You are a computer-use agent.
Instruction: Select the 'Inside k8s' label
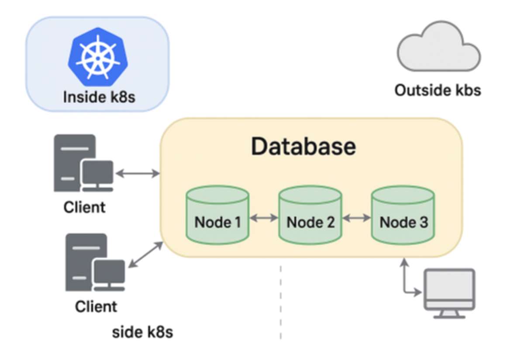(x=99, y=96)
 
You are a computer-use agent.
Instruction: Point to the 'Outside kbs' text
(x=438, y=90)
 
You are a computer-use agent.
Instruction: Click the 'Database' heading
(x=303, y=147)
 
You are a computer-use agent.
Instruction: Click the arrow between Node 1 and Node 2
(x=264, y=217)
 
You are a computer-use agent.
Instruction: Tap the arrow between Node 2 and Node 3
(x=356, y=217)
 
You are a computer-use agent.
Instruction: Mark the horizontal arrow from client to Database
(x=138, y=174)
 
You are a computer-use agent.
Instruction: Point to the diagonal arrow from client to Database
(x=145, y=255)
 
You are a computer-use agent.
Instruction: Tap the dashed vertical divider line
(x=280, y=301)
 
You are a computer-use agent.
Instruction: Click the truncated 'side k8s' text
(x=142, y=333)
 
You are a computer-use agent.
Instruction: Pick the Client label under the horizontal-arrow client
(x=84, y=207)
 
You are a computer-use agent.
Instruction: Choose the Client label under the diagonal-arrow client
(x=96, y=306)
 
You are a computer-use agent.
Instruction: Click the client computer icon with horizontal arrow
(x=83, y=164)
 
